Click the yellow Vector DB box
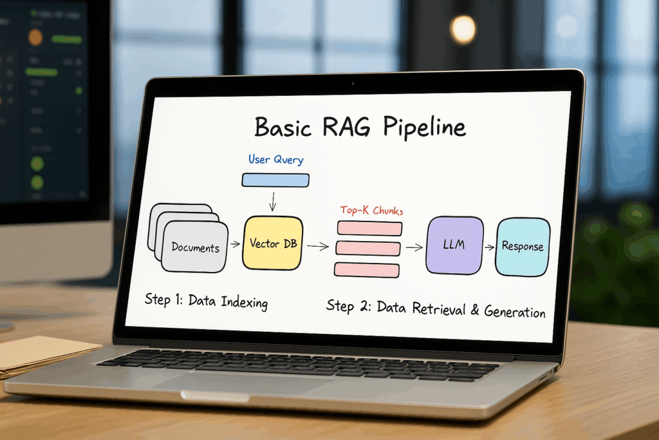click(272, 244)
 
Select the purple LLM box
click(454, 245)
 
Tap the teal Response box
click(523, 246)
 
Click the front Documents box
click(195, 247)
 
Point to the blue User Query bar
click(275, 180)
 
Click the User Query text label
click(275, 158)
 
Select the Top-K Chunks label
click(372, 211)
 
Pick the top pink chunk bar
click(369, 229)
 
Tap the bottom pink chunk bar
click(366, 269)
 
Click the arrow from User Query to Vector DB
click(273, 202)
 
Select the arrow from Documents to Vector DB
click(235, 245)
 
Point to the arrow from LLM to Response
click(489, 247)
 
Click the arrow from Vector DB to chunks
click(317, 245)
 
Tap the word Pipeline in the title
click(425, 127)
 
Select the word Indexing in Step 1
click(244, 301)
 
